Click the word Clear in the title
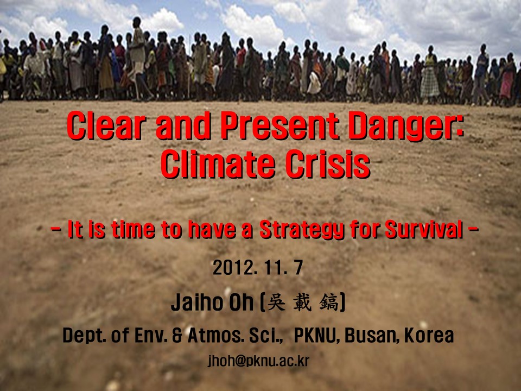click(107, 125)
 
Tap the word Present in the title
click(281, 125)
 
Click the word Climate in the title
click(218, 164)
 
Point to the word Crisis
click(328, 164)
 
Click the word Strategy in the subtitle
click(302, 230)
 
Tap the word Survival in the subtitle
click(424, 229)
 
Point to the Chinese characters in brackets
click(302, 302)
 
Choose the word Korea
click(429, 336)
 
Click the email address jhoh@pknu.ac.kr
click(258, 361)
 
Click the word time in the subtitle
click(133, 229)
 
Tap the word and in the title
click(183, 125)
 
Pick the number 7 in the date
click(298, 268)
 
